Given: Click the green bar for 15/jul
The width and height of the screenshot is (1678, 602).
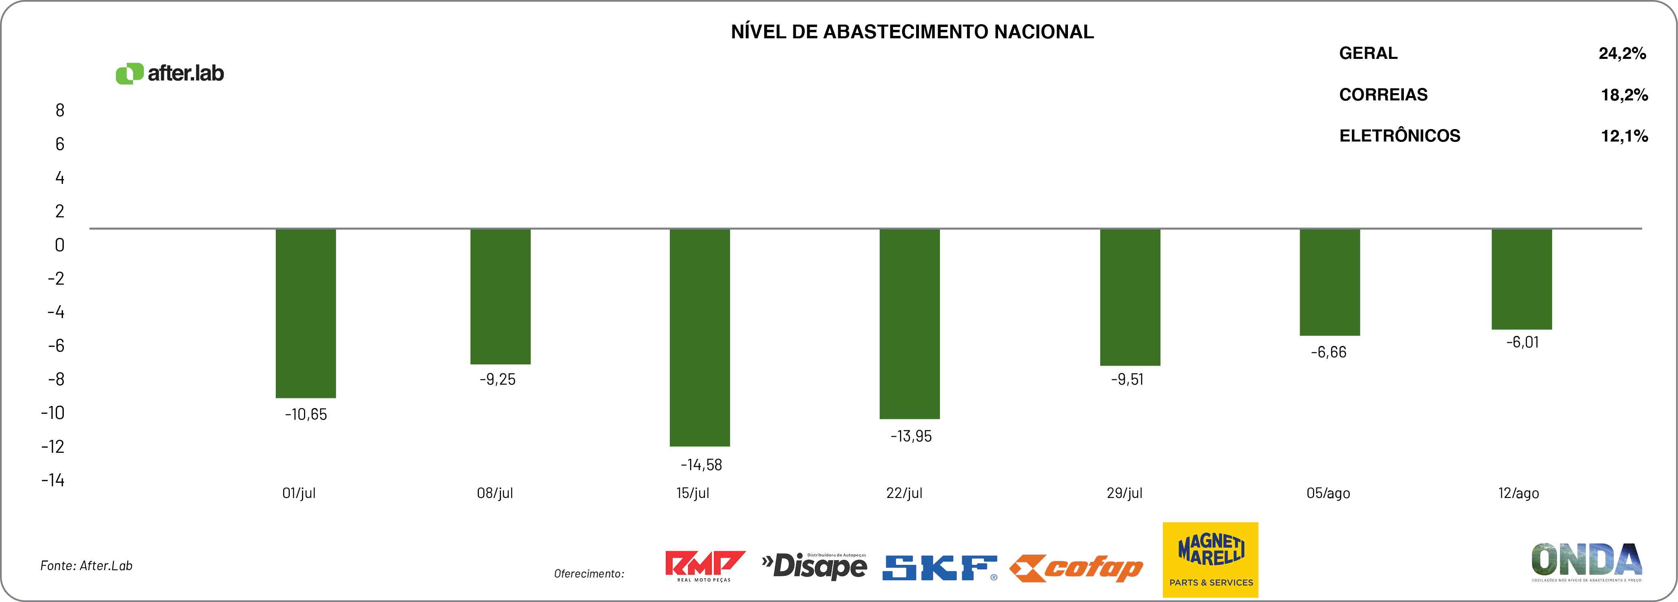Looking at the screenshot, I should pos(700,337).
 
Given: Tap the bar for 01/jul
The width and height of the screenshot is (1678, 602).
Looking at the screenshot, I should pos(306,313).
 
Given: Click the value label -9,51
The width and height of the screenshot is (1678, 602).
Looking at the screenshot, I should pos(1127,379).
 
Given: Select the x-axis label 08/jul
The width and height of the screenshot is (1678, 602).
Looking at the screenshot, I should pos(495,493).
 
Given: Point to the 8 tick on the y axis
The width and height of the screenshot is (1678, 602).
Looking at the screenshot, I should pos(60,110).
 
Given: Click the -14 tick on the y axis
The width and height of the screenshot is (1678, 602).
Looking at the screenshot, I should pos(53,480).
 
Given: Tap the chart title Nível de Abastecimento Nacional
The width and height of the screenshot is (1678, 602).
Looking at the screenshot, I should pos(912,32).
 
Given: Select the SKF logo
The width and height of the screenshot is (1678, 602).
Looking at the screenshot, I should pos(939,567).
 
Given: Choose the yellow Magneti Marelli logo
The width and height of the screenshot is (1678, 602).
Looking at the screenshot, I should pos(1210,560).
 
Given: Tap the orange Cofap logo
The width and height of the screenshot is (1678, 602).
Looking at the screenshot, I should pos(1076,569).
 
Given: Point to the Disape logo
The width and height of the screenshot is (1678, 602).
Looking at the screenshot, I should pos(814,566).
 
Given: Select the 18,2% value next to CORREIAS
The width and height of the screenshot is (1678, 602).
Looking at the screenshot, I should pos(1624,95).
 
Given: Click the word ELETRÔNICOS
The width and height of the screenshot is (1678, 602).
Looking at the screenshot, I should pos(1399,136).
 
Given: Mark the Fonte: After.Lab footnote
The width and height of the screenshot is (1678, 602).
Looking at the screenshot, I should pos(87,566).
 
